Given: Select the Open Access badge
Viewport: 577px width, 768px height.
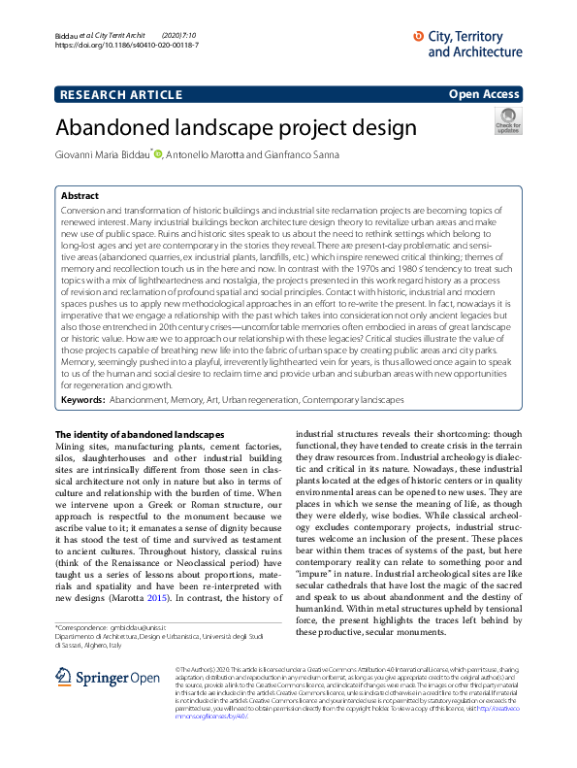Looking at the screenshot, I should click(484, 94).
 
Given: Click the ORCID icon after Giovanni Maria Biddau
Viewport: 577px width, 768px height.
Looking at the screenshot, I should click(157, 154).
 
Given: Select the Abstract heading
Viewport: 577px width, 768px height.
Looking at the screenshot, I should click(80, 195).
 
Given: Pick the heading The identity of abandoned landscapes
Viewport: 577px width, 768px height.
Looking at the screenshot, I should click(139, 460).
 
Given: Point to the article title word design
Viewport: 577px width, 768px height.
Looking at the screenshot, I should click(354, 127).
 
